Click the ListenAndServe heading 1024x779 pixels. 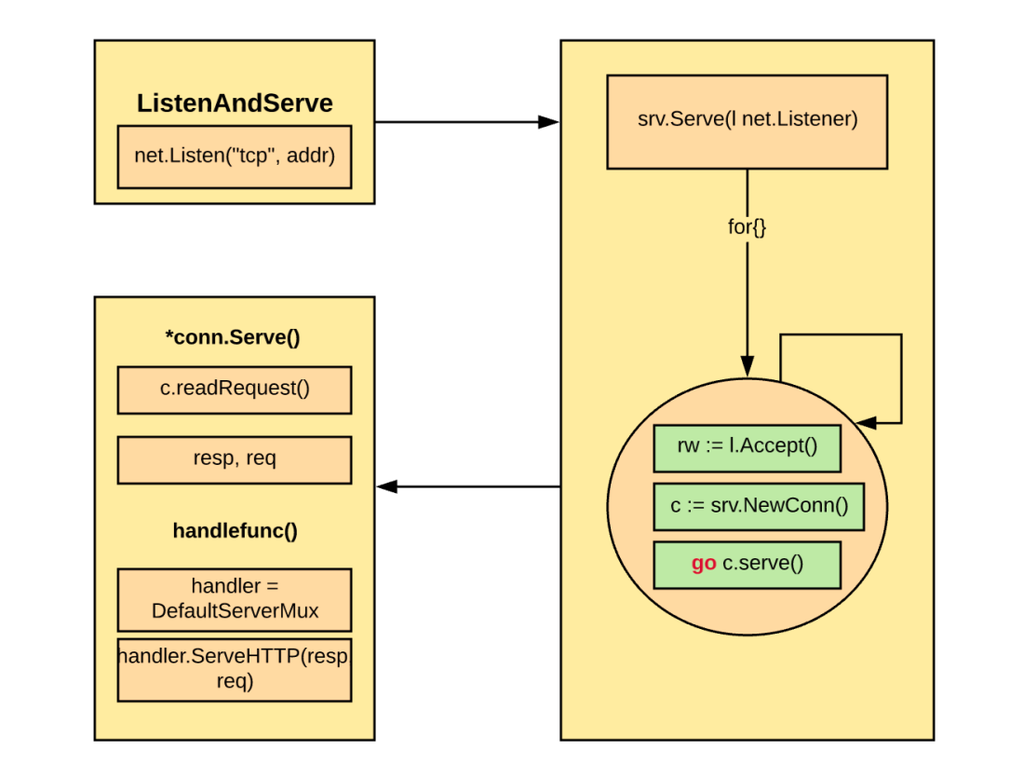235,103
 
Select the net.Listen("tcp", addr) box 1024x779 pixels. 235,156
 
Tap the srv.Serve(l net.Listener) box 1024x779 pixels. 747,121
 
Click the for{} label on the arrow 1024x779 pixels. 747,226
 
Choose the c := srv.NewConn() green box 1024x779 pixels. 759,506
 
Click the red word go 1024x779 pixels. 704,564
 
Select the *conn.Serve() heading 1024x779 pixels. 235,337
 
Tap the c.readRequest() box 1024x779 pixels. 235,389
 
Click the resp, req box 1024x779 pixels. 235,459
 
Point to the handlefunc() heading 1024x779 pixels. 235,531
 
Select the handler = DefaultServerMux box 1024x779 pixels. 235,598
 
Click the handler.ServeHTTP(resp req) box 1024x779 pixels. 235,669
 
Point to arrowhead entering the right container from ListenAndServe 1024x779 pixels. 550,121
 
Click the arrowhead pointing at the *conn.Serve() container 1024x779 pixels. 386,486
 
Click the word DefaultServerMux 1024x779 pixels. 235,610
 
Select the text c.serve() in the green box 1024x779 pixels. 762,564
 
